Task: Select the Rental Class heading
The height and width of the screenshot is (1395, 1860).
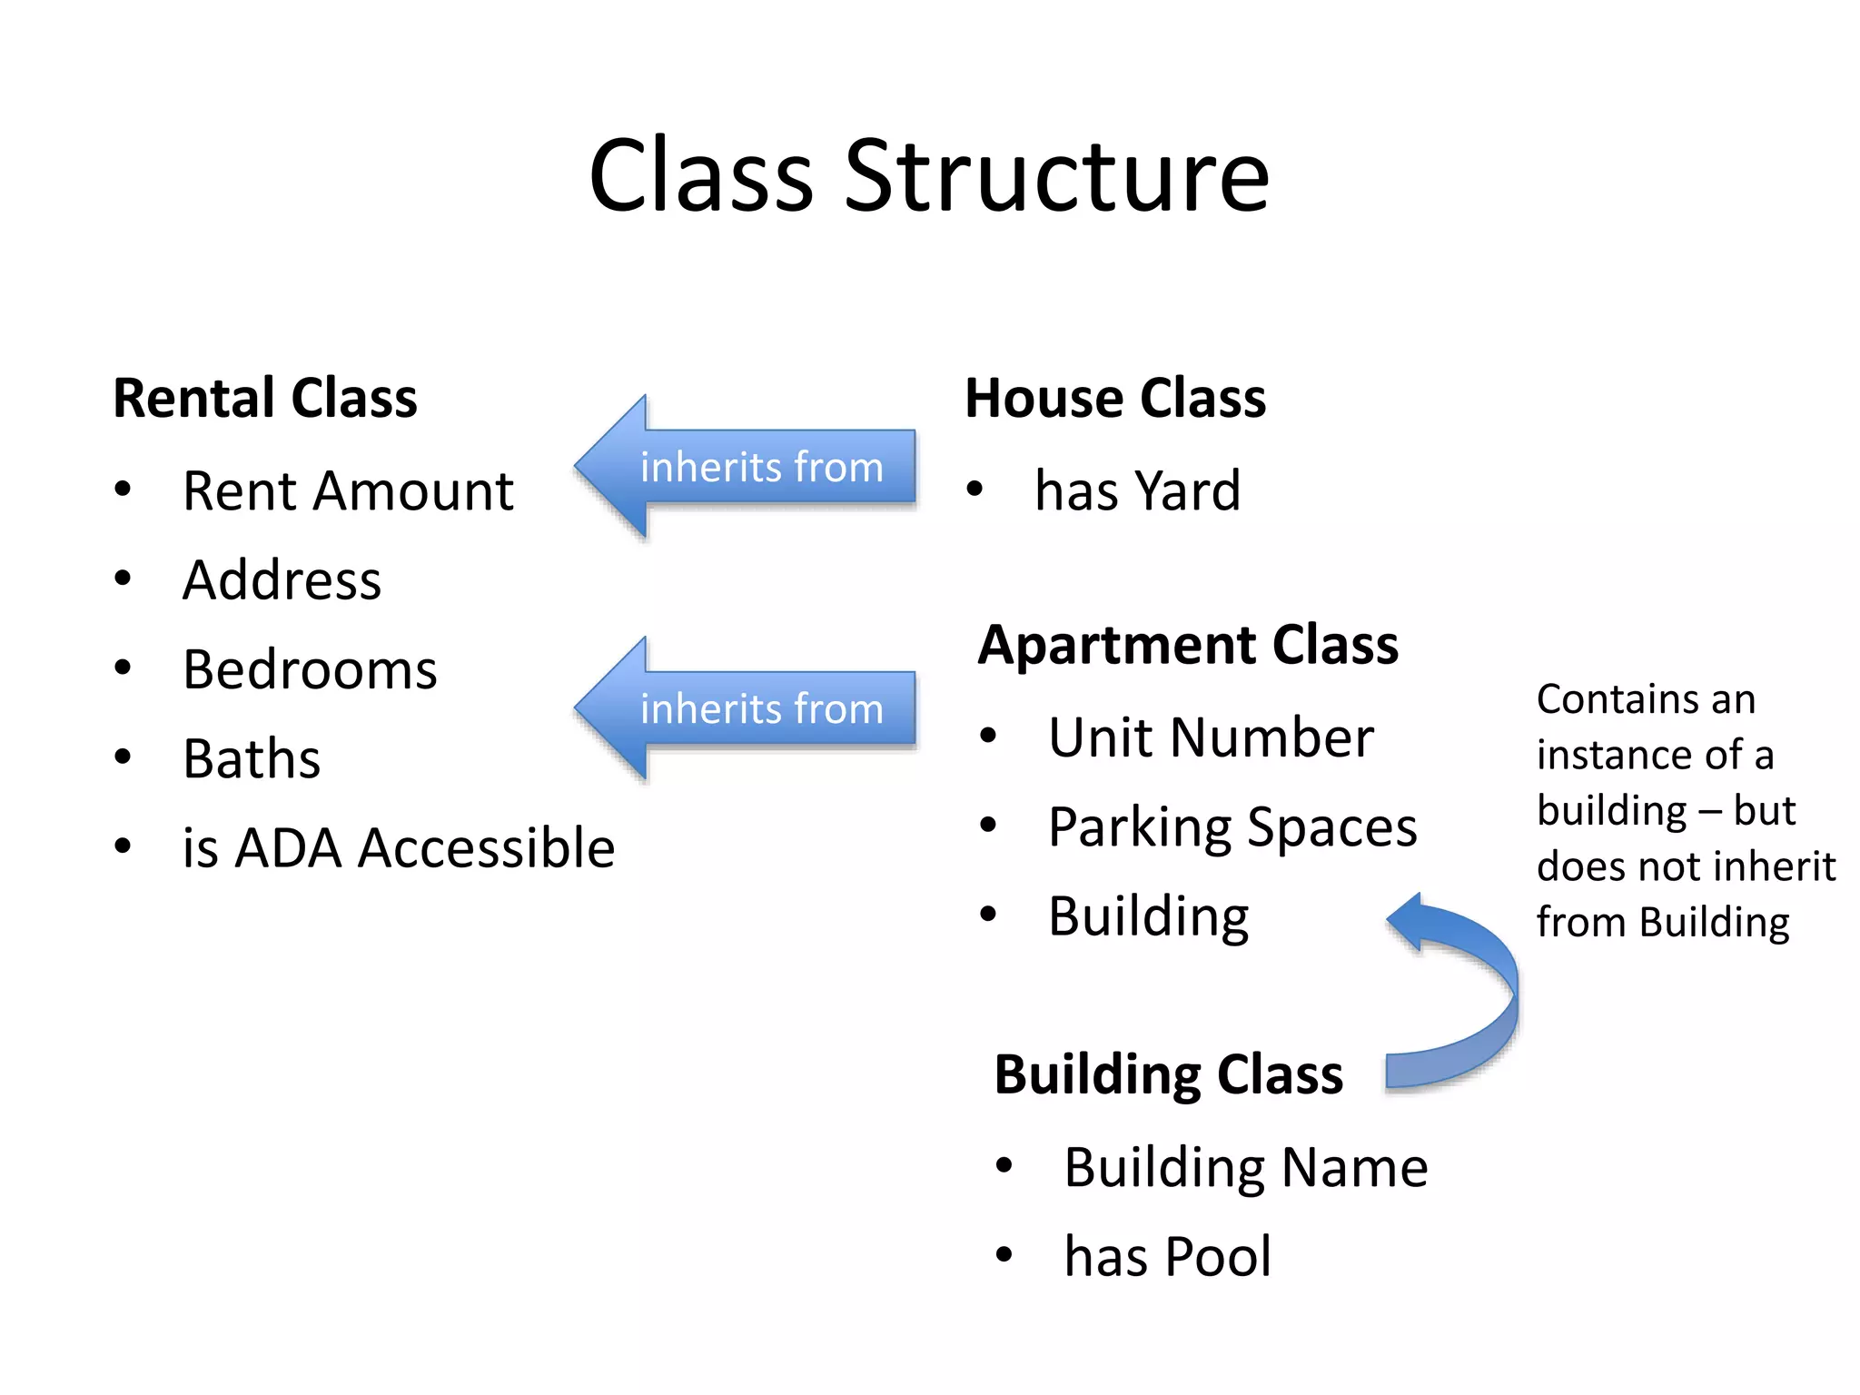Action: click(264, 398)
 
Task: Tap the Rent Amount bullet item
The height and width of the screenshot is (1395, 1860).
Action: click(348, 491)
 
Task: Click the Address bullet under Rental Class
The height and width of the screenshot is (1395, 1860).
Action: click(282, 580)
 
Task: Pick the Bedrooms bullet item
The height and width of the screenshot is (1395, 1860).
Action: click(310, 670)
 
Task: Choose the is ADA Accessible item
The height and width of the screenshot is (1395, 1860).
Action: click(398, 848)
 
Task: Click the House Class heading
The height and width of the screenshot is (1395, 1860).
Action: click(1114, 398)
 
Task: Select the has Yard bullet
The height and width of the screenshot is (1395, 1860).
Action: click(1137, 491)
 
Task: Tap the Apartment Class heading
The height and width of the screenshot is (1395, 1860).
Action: click(1188, 645)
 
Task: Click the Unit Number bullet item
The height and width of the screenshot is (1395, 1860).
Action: click(1210, 737)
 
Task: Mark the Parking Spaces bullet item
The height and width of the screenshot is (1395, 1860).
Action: click(1232, 827)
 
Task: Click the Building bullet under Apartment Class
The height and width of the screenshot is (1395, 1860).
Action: click(1148, 916)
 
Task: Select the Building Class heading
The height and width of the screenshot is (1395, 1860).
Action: click(1168, 1074)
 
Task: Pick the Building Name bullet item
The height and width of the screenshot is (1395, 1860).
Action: click(1245, 1168)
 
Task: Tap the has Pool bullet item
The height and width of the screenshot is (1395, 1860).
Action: click(1167, 1257)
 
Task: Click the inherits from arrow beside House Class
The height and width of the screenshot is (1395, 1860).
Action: click(745, 467)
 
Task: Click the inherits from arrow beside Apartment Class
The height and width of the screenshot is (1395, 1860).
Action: click(745, 708)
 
